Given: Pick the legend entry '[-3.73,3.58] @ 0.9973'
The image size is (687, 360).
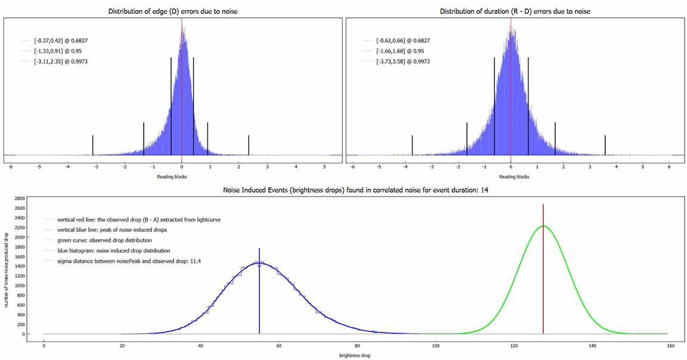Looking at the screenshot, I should click(403, 61).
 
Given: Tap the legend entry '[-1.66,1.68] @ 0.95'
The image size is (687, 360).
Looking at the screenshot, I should click(401, 51).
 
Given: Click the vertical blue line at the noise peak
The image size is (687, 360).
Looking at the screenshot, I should click(259, 298).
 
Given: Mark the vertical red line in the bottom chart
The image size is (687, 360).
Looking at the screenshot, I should click(543, 280).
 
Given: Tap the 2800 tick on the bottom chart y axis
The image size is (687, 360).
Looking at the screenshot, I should click(20, 198).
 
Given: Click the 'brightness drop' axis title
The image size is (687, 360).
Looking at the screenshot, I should click(351, 355).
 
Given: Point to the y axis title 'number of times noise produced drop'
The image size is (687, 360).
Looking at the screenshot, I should click(5, 266).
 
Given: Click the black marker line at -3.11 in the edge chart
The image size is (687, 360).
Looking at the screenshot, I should click(93, 145).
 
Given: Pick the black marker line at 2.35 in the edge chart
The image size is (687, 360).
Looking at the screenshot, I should click(249, 145).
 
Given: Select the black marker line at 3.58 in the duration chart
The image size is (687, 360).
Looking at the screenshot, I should click(605, 145).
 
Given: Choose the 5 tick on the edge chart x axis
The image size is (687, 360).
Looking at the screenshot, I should click(324, 167).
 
